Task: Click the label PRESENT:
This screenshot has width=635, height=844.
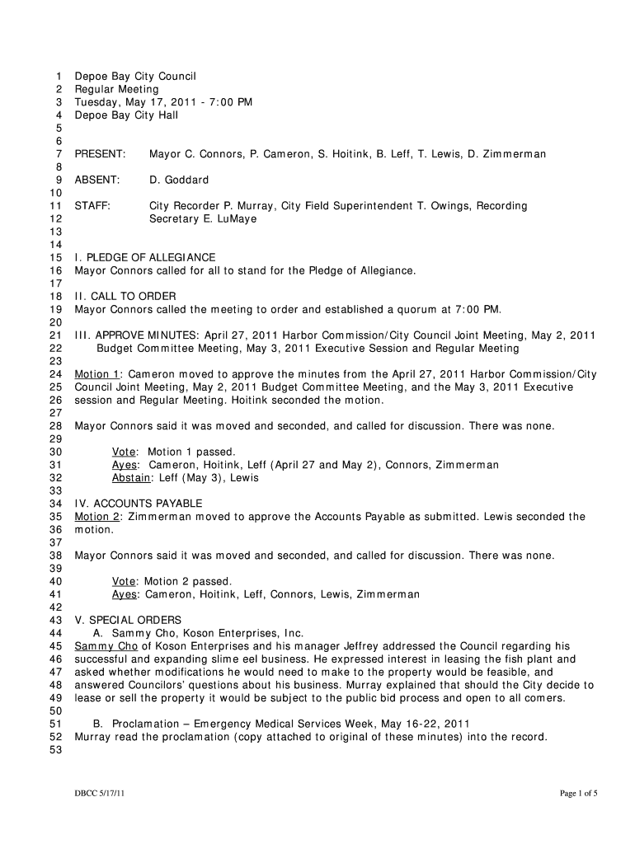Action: (100, 154)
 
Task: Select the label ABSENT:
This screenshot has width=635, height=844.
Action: (97, 180)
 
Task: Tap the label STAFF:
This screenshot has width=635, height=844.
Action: (92, 206)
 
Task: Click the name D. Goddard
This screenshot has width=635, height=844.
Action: (179, 180)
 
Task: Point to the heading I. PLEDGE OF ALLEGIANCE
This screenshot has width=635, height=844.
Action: (145, 258)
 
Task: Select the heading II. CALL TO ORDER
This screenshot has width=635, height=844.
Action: (125, 296)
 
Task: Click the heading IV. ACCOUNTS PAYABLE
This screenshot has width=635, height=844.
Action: (139, 504)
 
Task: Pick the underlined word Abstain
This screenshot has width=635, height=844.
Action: (131, 478)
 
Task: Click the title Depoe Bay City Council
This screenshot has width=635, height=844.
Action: (135, 77)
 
